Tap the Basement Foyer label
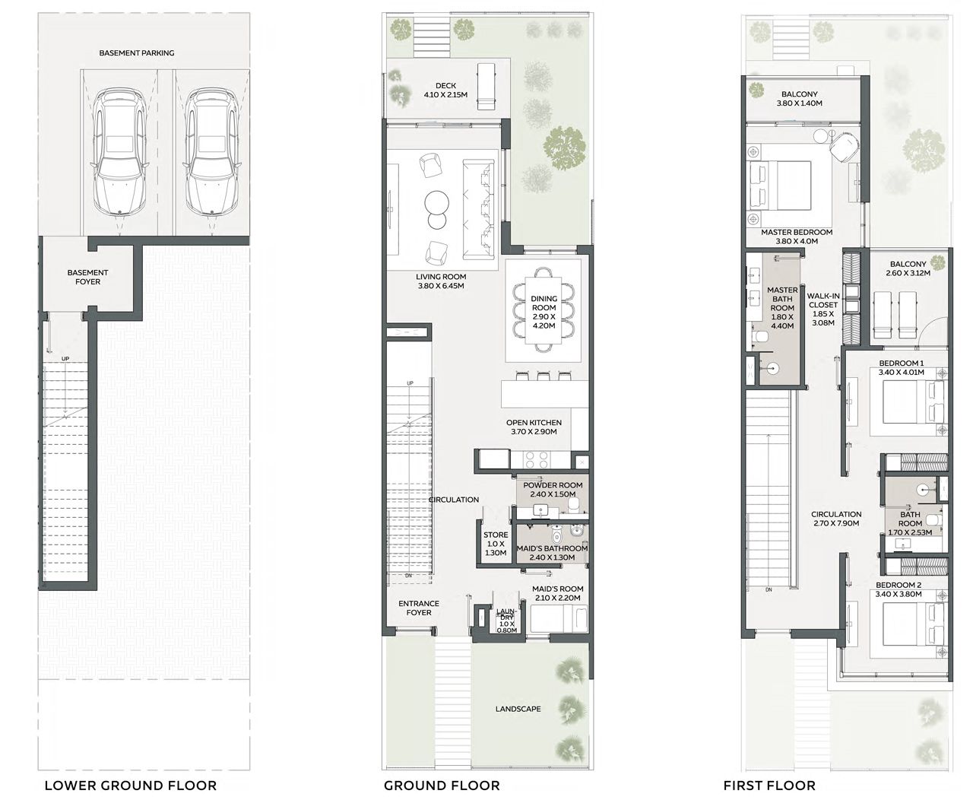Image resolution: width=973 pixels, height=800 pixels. click(x=87, y=277)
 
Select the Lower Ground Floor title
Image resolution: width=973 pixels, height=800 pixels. click(x=130, y=786)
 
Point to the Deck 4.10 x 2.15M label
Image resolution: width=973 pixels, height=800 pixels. click(x=445, y=90)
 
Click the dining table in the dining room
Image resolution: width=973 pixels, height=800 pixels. click(x=544, y=310)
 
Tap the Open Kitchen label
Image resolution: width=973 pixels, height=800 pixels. click(x=534, y=427)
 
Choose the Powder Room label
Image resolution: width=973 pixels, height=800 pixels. click(x=553, y=489)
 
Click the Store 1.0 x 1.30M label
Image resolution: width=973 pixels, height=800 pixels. click(x=496, y=544)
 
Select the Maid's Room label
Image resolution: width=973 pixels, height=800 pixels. click(x=557, y=593)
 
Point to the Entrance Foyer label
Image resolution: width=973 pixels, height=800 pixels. click(x=419, y=608)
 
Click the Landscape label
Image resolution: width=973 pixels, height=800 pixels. click(x=518, y=709)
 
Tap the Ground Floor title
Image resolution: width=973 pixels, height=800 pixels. click(x=442, y=786)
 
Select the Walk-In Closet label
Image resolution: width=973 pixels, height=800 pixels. click(x=823, y=309)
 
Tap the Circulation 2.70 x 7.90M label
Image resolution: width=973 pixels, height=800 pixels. click(x=836, y=519)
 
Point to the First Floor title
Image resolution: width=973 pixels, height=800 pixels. click(x=769, y=786)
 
